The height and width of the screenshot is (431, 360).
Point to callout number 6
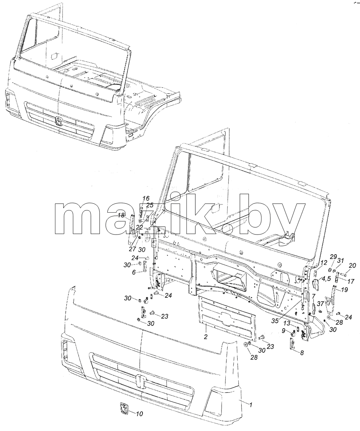(134, 273)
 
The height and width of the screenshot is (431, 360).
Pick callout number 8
(301, 353)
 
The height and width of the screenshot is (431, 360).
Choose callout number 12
(324, 263)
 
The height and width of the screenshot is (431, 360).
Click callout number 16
(146, 199)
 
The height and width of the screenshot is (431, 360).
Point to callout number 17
(351, 281)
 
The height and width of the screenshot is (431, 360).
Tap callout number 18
(121, 215)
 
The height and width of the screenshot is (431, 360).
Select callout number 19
(344, 290)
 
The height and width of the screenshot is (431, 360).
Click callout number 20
(352, 265)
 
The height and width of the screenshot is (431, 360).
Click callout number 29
(333, 257)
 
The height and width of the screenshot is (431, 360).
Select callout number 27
(132, 249)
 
